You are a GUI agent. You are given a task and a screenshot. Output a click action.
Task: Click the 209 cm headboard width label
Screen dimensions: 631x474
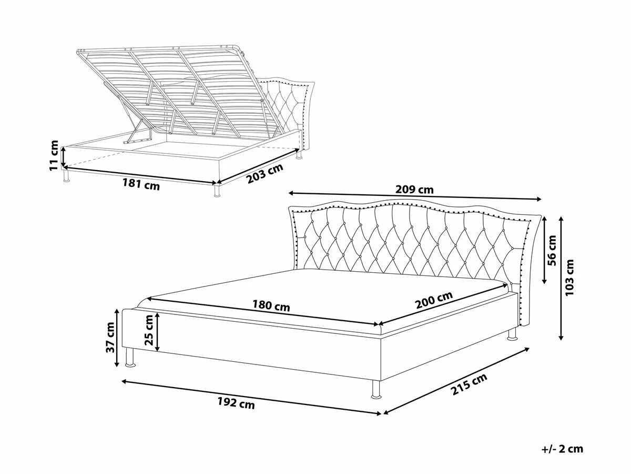[414, 190]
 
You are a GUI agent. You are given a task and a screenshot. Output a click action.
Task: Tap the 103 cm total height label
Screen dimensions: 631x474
[569, 277]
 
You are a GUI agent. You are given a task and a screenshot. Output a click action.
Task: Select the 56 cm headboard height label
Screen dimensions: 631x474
[552, 250]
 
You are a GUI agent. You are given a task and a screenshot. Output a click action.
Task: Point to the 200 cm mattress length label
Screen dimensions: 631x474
[434, 300]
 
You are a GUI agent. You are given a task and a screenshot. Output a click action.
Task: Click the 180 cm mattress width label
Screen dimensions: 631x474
[271, 305]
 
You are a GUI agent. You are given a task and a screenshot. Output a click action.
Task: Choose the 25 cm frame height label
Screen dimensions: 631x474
[149, 330]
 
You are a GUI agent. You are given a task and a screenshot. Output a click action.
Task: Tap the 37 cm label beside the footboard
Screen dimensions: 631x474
[110, 338]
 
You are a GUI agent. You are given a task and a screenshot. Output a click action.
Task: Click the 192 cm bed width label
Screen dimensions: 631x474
[236, 403]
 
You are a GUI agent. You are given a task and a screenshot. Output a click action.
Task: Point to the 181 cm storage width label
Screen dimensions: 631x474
[141, 184]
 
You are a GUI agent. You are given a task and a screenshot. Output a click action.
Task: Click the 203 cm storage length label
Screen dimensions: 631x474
[265, 173]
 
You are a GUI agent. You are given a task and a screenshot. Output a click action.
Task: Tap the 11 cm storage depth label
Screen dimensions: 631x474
[54, 155]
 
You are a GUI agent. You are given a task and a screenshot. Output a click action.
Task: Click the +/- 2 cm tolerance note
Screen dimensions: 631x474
[562, 449]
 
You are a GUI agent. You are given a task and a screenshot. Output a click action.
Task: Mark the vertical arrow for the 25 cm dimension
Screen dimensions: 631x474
[157, 332]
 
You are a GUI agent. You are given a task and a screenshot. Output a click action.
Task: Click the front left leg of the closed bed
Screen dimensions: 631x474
[130, 358]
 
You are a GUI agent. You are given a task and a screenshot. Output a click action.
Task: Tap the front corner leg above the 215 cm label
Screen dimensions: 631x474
[376, 390]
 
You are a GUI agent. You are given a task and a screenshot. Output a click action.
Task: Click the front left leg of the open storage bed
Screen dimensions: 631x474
[67, 175]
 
